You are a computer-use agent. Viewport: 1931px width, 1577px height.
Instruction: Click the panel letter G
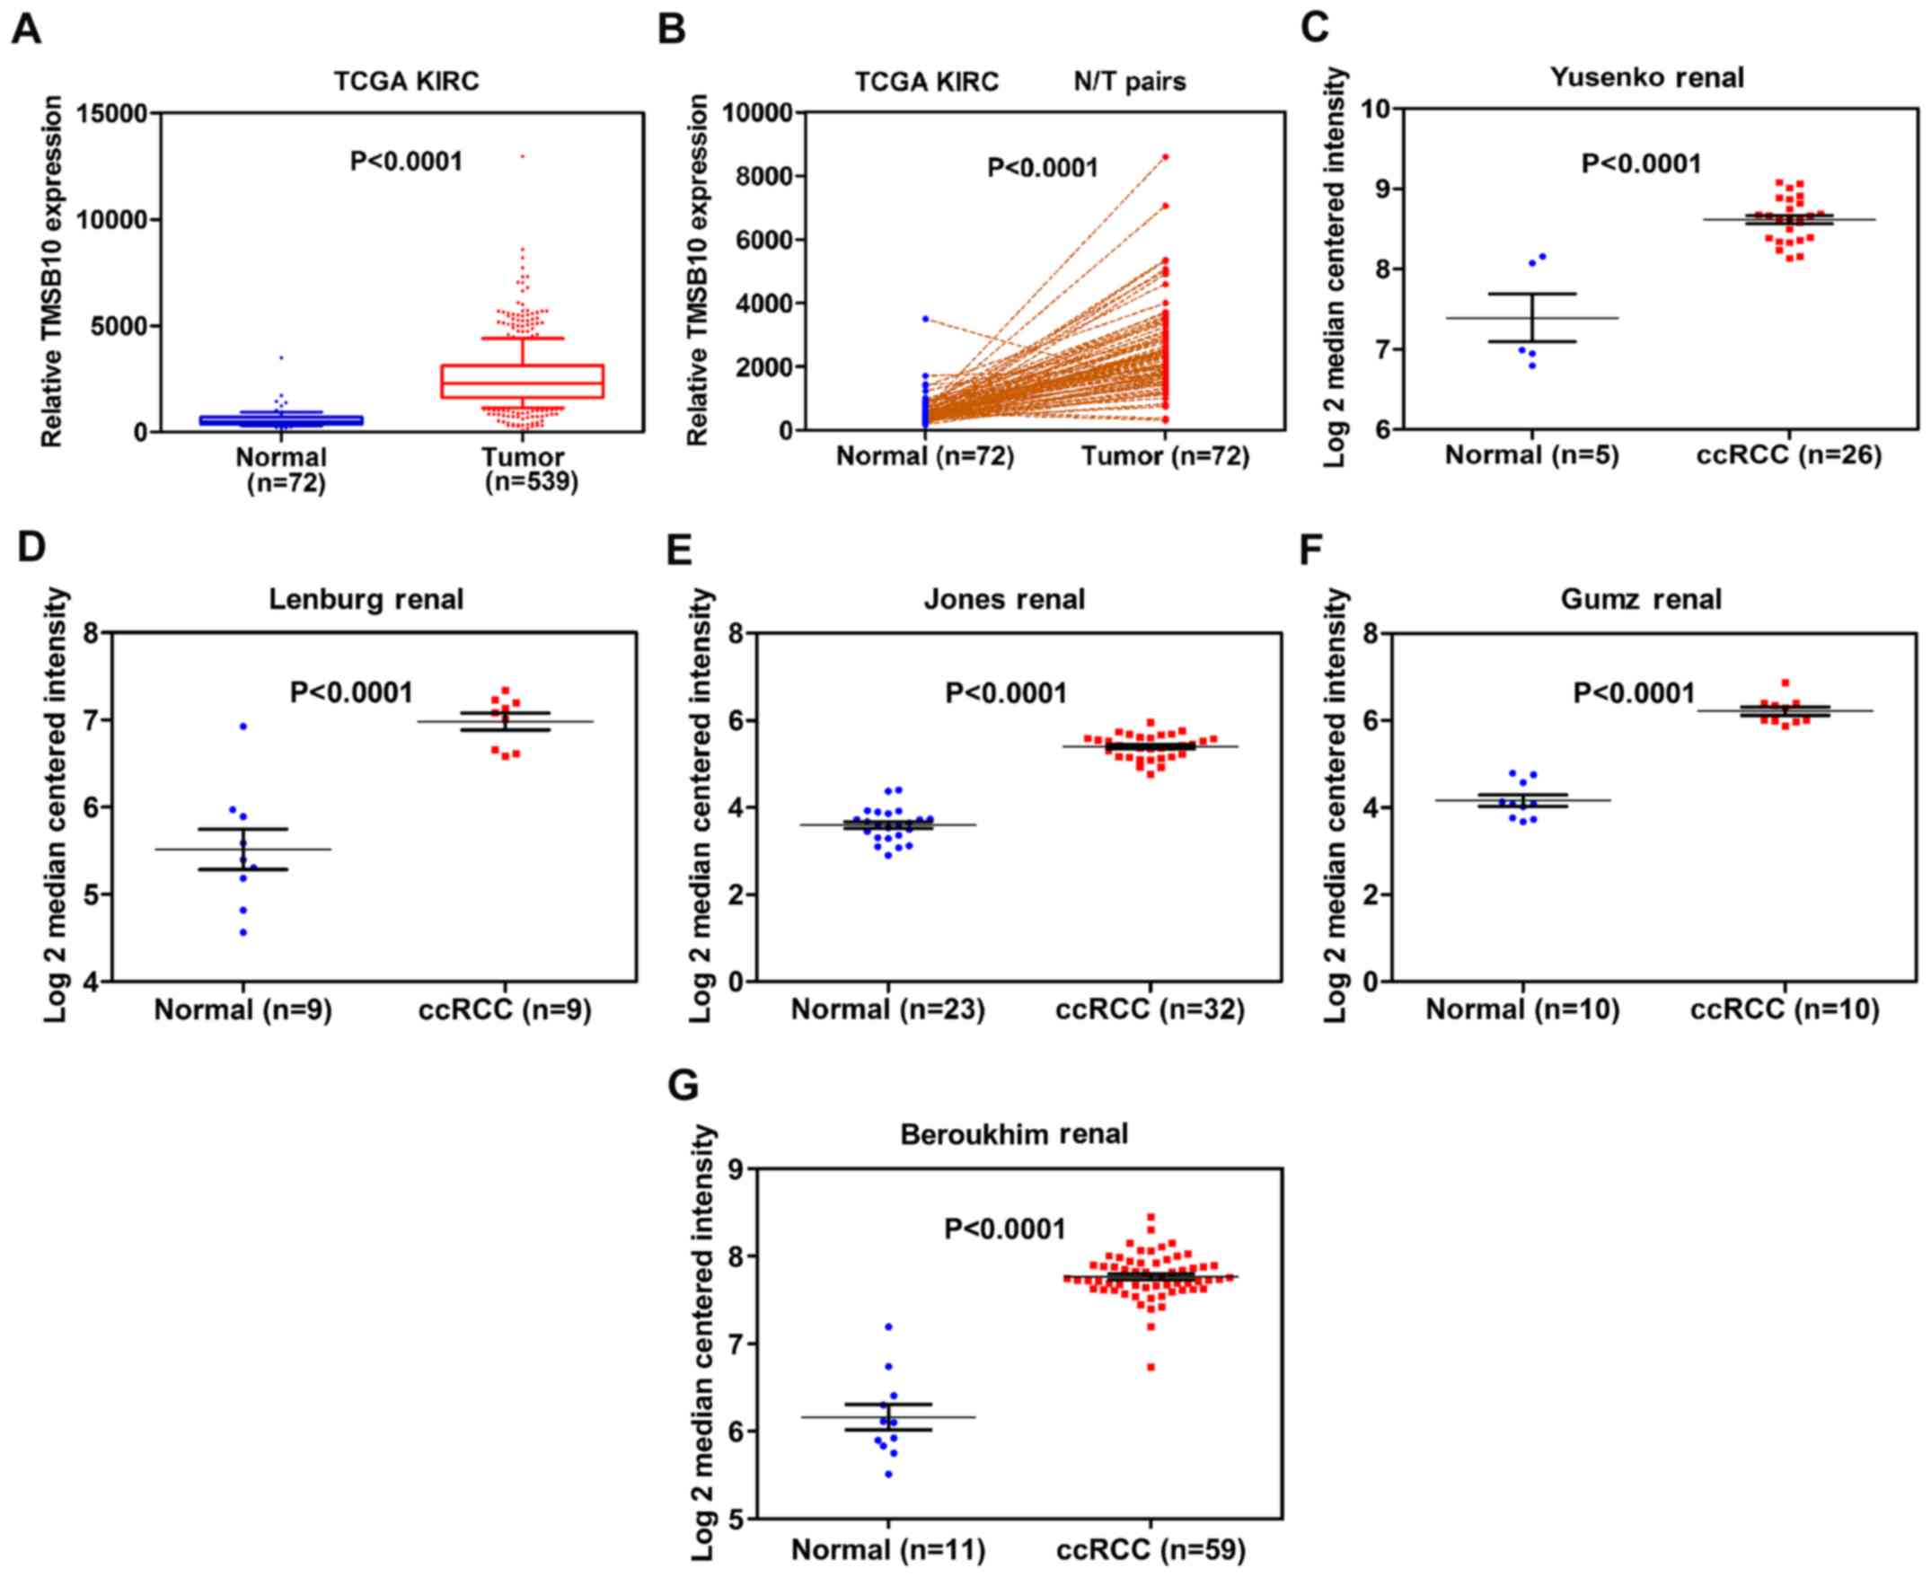pyautogui.click(x=682, y=1086)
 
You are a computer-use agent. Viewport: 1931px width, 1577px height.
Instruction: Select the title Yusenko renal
pyautogui.click(x=1645, y=78)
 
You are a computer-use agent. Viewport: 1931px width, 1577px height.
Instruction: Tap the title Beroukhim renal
pyautogui.click(x=1014, y=1134)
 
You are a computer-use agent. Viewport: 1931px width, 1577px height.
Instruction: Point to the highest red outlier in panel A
pyautogui.click(x=522, y=156)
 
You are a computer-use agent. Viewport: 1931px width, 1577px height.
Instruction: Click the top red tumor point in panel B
pyautogui.click(x=1165, y=157)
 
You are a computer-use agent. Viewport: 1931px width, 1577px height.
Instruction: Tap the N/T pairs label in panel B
pyautogui.click(x=1129, y=83)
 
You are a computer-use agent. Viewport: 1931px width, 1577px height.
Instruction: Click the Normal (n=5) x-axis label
pyautogui.click(x=1531, y=455)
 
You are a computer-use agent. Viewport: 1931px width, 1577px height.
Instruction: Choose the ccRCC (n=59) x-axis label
pyautogui.click(x=1151, y=1550)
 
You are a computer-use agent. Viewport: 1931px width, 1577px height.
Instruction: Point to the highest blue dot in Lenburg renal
pyautogui.click(x=243, y=727)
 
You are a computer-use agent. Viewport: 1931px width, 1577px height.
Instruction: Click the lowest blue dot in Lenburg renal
pyautogui.click(x=243, y=932)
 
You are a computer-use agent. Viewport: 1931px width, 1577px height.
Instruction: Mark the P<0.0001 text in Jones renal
pyautogui.click(x=1005, y=694)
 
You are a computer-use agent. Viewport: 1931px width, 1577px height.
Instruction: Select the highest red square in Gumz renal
pyautogui.click(x=1786, y=683)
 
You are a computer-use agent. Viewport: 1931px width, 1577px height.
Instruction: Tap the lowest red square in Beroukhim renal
pyautogui.click(x=1151, y=1367)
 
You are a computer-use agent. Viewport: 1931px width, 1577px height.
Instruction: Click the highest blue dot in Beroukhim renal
pyautogui.click(x=888, y=1327)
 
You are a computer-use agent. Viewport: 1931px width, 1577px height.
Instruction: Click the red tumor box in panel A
pyautogui.click(x=522, y=382)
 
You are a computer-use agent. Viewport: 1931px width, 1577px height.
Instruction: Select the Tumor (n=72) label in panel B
pyautogui.click(x=1165, y=456)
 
